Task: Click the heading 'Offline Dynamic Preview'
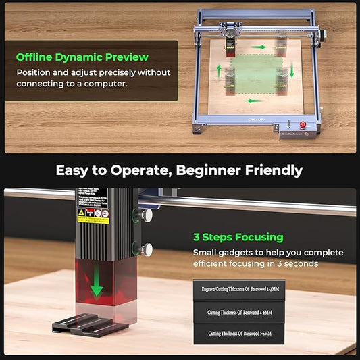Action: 82,57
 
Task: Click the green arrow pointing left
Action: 254,101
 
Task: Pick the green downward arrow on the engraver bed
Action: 292,70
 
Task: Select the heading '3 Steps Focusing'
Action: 238,237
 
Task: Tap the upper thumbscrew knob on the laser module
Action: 144,215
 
